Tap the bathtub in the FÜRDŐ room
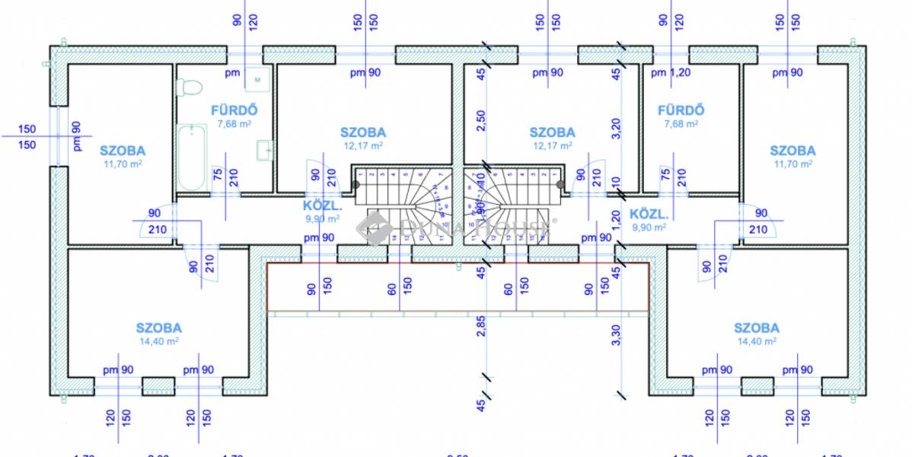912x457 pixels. click(x=190, y=158)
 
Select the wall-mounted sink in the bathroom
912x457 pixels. click(x=264, y=150)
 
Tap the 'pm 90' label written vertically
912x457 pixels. click(x=76, y=136)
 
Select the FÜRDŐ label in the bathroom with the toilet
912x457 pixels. click(x=229, y=110)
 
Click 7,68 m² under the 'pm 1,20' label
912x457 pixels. click(x=681, y=123)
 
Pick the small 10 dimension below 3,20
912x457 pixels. click(x=617, y=184)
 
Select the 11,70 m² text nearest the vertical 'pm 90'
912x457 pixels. click(x=122, y=163)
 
